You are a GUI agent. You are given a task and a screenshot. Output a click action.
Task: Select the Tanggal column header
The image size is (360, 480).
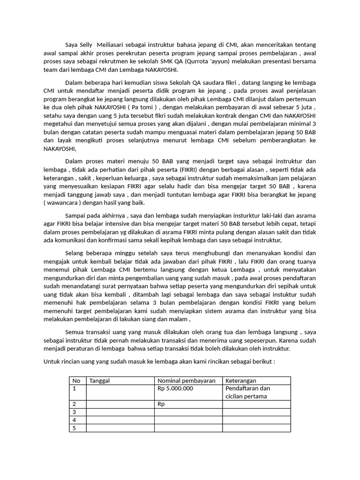pyautogui.click(x=99, y=381)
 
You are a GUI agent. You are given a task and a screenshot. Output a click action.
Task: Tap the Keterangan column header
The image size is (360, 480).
pyautogui.click(x=241, y=381)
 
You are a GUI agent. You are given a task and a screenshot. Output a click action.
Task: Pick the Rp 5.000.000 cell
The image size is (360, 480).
pyautogui.click(x=175, y=389)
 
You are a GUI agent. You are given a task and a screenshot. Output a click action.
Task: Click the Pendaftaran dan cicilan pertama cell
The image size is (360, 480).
pyautogui.click(x=247, y=392)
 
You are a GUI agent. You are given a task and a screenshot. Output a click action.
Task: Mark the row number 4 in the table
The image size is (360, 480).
pyautogui.click(x=74, y=420)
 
